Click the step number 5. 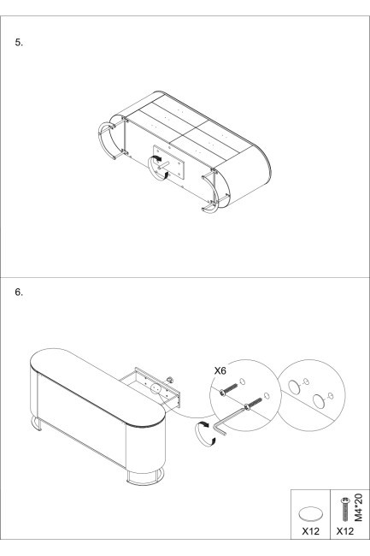click(19, 43)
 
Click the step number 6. click(19, 293)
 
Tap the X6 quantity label click(220, 371)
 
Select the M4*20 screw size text click(359, 508)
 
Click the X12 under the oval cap click(310, 531)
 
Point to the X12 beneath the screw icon click(345, 531)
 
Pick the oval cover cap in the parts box click(310, 513)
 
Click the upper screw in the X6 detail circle click(229, 388)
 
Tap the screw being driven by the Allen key click(253, 404)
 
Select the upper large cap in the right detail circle click(294, 387)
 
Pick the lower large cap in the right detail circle click(319, 401)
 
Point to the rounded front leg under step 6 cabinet click(145, 476)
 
